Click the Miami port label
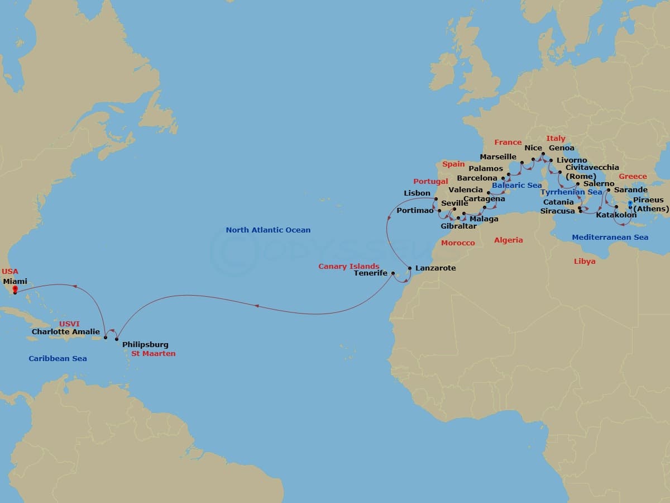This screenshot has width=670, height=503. (x=15, y=282)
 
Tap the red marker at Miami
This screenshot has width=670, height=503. (x=15, y=290)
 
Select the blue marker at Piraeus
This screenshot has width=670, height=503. (x=630, y=204)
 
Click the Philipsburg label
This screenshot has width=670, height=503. (x=145, y=345)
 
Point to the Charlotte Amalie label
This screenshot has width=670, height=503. (x=66, y=331)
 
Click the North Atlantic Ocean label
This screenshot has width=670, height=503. (x=268, y=230)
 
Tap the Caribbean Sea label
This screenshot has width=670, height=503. (x=58, y=358)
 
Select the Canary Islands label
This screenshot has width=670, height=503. (x=349, y=266)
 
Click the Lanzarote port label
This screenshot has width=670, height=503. (x=435, y=268)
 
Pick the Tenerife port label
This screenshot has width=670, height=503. (x=371, y=273)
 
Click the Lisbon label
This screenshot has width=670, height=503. (x=417, y=193)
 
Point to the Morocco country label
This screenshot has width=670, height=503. (x=458, y=243)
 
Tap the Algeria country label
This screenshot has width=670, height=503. (x=509, y=240)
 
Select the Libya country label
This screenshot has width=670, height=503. (x=585, y=261)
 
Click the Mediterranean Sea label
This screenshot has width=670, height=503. (x=610, y=238)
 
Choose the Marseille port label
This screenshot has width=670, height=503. (x=498, y=156)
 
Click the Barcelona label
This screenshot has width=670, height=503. (x=477, y=178)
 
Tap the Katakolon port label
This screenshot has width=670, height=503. (x=616, y=215)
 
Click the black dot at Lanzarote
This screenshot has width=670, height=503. (x=410, y=269)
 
